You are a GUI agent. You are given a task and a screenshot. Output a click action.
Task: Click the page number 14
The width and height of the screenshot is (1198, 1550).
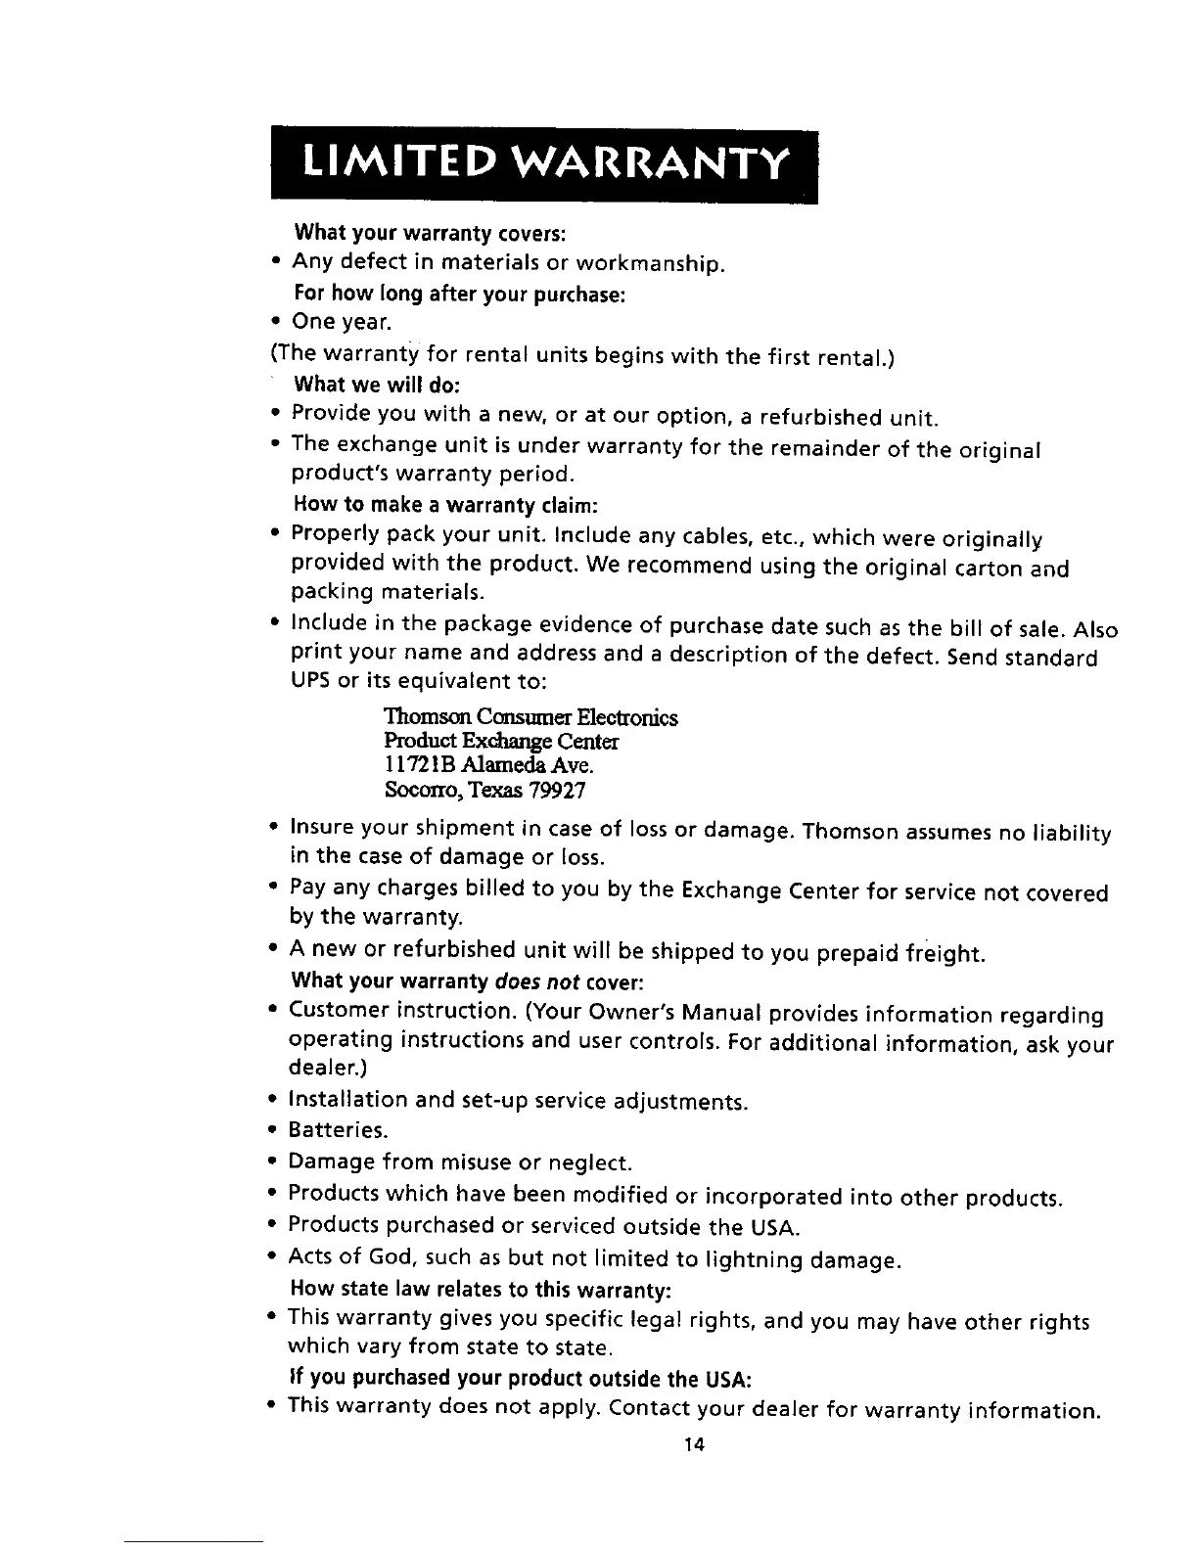click(696, 1444)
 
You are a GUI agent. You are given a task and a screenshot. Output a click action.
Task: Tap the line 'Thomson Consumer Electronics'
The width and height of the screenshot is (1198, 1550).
click(531, 717)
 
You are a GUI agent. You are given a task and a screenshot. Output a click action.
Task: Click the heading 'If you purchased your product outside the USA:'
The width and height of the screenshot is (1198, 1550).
click(521, 1380)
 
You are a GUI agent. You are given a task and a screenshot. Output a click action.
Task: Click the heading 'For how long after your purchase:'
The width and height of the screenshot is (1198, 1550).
click(460, 295)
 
